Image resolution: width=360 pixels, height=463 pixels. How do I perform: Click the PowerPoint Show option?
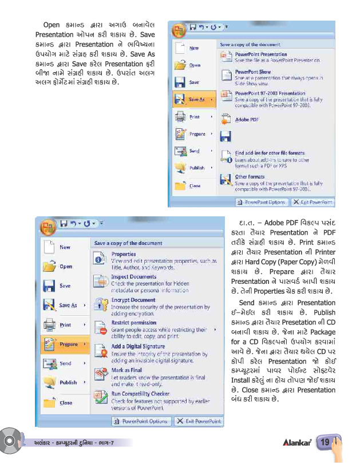[252, 72]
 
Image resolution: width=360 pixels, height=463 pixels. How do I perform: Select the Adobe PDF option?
[247, 120]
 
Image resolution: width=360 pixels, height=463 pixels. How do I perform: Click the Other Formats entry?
[250, 177]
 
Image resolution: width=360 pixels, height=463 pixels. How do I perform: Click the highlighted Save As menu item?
[197, 100]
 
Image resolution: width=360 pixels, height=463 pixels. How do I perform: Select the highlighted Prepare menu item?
[69, 345]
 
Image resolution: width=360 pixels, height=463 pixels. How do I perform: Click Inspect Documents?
[133, 276]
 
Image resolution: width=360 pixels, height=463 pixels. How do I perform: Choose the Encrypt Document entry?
[133, 300]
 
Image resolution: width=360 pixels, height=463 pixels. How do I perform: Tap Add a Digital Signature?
[137, 346]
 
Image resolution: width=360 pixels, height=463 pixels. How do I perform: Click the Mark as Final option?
[126, 370]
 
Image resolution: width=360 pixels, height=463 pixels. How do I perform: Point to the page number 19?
[325, 442]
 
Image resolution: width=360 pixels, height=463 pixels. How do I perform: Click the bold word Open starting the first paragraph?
[52, 25]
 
